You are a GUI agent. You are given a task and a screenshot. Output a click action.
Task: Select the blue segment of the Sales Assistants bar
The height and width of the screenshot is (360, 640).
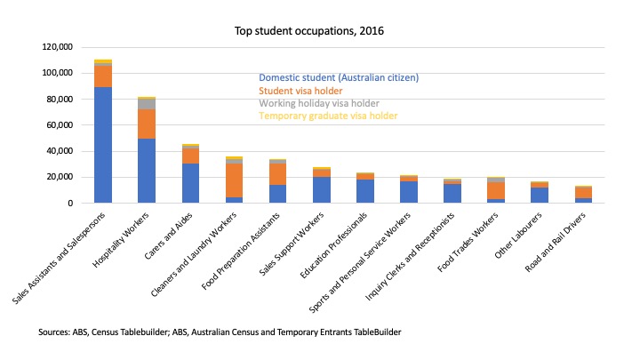point(103,145)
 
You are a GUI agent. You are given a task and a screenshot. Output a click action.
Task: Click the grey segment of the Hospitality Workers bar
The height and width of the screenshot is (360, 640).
point(147,103)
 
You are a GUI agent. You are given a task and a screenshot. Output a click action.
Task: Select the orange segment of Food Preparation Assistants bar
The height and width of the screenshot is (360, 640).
point(278,174)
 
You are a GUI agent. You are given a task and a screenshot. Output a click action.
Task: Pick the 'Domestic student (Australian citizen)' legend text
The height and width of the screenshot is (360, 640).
point(338,77)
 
